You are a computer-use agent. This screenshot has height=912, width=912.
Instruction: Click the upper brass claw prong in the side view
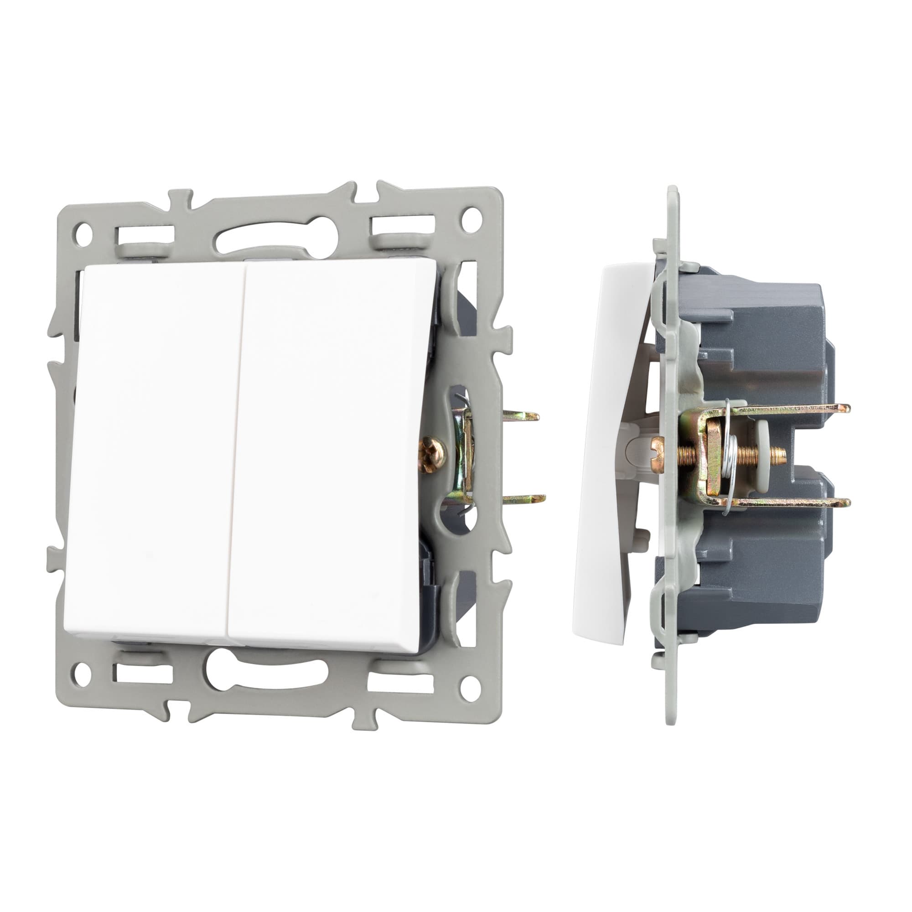793,408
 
